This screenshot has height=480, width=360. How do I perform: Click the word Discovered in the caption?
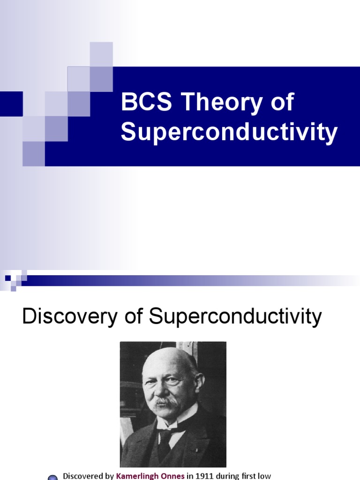(x=82, y=476)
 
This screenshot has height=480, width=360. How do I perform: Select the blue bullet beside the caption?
(x=53, y=477)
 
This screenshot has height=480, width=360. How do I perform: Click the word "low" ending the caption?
(x=264, y=476)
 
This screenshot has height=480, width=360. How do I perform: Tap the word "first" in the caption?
(x=247, y=476)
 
